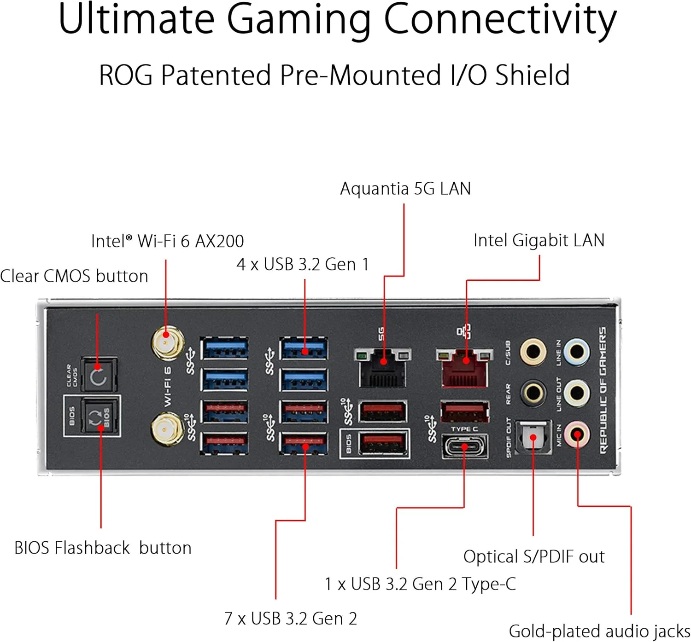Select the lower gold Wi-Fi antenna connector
(167, 428)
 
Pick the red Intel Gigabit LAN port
(464, 368)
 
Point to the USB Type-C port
(464, 446)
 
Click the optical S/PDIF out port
(533, 437)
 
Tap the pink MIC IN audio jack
(577, 434)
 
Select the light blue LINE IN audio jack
(577, 352)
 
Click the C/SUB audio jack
(533, 352)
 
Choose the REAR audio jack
(533, 393)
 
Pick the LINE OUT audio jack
(577, 393)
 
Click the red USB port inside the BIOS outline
(382, 444)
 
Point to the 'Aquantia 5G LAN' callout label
(405, 189)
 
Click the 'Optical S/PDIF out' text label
(533, 556)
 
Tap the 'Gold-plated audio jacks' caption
(599, 631)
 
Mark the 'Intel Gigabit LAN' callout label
(539, 240)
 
